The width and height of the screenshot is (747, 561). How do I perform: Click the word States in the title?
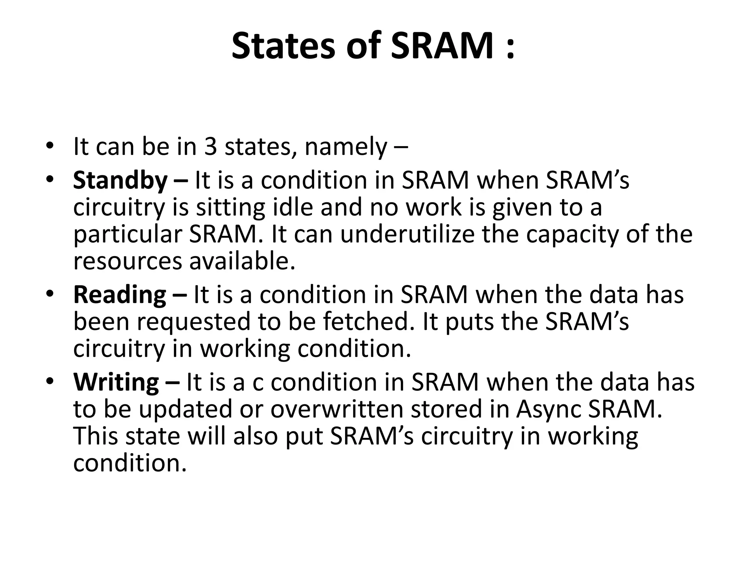tap(283, 46)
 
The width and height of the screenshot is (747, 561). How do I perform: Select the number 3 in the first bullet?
tap(210, 147)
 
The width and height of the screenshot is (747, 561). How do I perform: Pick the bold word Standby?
tap(120, 181)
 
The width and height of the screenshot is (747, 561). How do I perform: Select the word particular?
tap(127, 235)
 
